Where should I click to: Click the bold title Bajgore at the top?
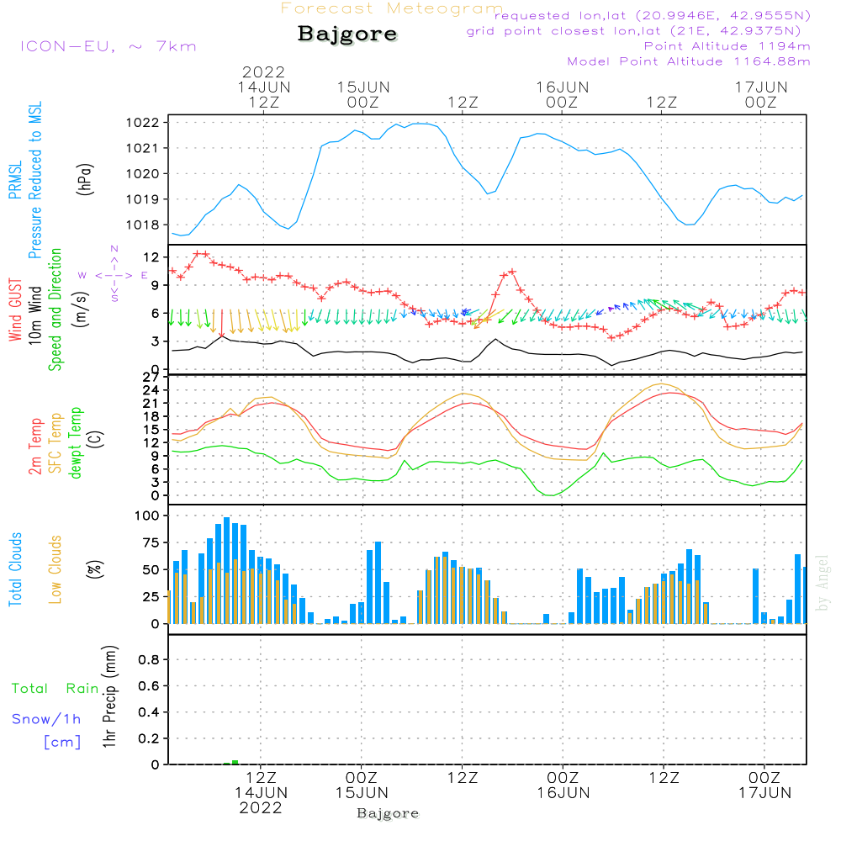(347, 35)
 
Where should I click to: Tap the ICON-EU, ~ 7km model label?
(108, 46)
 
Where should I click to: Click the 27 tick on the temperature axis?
(151, 378)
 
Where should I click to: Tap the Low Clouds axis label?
(56, 569)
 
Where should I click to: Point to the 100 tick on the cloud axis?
(147, 515)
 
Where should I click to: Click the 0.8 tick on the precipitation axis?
(149, 660)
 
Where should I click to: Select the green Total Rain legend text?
(55, 689)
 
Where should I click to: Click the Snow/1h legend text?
(46, 720)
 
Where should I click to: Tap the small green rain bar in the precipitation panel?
(235, 762)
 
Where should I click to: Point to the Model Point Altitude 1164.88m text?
(689, 61)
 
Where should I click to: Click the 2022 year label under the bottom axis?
(261, 808)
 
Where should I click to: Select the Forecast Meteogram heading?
(392, 8)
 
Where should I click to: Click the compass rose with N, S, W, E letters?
(114, 275)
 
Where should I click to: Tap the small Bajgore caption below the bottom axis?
(388, 813)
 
